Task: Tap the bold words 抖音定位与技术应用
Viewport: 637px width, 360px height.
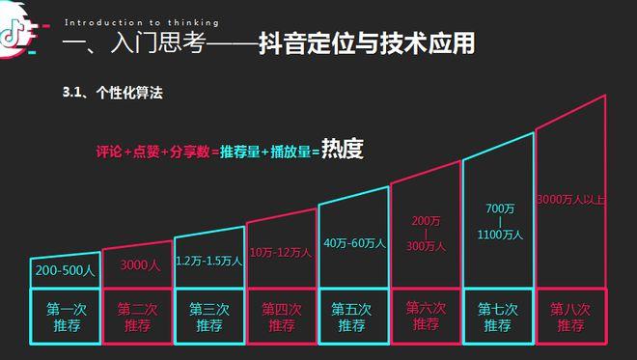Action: pos(366,44)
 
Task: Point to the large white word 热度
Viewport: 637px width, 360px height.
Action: pos(343,151)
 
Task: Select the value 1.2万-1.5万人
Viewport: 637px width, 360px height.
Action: pos(208,260)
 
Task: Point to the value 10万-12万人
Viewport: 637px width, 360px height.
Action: pos(281,252)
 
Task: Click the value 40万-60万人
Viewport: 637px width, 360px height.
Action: pos(354,242)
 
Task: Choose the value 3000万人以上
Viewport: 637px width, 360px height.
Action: pos(570,200)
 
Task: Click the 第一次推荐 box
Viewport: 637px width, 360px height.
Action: pos(64,318)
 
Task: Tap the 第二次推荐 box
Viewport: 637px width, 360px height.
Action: pos(137,318)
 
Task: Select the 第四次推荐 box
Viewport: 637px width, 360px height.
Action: pos(282,318)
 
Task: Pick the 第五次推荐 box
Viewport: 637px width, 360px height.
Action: pos(353,318)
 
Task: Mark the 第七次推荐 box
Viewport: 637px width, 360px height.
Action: pos(499,318)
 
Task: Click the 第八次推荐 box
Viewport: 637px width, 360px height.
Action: pos(570,318)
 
